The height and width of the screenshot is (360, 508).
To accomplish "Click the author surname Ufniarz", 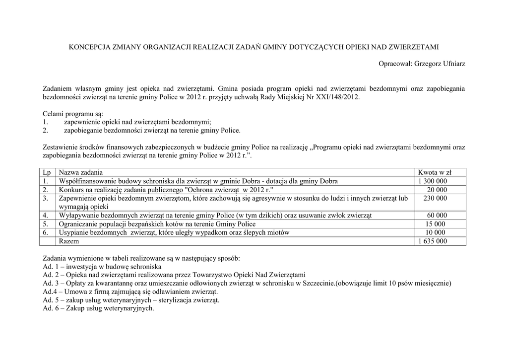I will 451,64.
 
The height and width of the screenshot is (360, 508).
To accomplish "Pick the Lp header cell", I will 47,172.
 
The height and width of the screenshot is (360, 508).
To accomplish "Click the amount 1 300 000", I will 433,181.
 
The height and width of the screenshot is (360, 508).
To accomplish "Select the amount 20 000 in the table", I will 437,190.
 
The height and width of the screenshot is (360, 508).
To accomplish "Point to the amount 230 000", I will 435,198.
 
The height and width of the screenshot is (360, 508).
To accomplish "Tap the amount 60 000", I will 437,216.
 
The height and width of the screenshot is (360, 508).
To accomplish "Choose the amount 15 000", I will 436,224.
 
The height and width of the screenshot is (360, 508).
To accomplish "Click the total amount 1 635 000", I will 433,241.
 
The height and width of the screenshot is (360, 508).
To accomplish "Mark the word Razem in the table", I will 68,241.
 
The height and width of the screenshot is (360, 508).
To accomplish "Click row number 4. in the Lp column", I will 46,216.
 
